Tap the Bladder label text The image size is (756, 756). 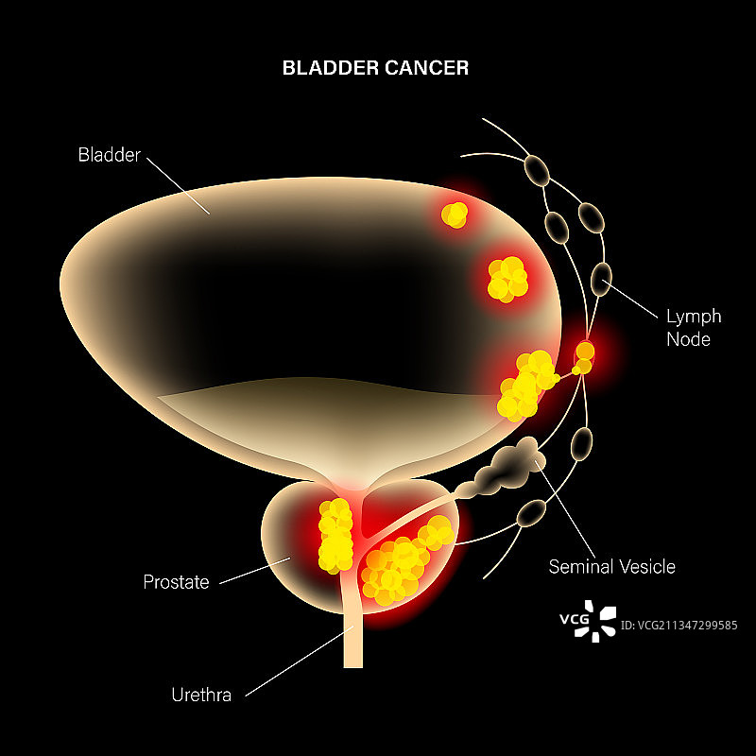[x=109, y=155]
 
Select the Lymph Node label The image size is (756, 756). [x=694, y=327]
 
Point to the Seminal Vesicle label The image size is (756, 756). [x=612, y=566]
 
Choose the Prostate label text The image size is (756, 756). [x=176, y=582]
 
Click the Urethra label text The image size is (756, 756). [x=200, y=696]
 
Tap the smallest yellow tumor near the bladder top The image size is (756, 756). [x=455, y=215]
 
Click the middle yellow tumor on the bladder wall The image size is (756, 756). [x=507, y=279]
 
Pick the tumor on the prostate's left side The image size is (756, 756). [x=335, y=536]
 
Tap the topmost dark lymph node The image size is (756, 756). [x=538, y=170]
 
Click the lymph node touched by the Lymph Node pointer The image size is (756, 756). [x=602, y=276]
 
